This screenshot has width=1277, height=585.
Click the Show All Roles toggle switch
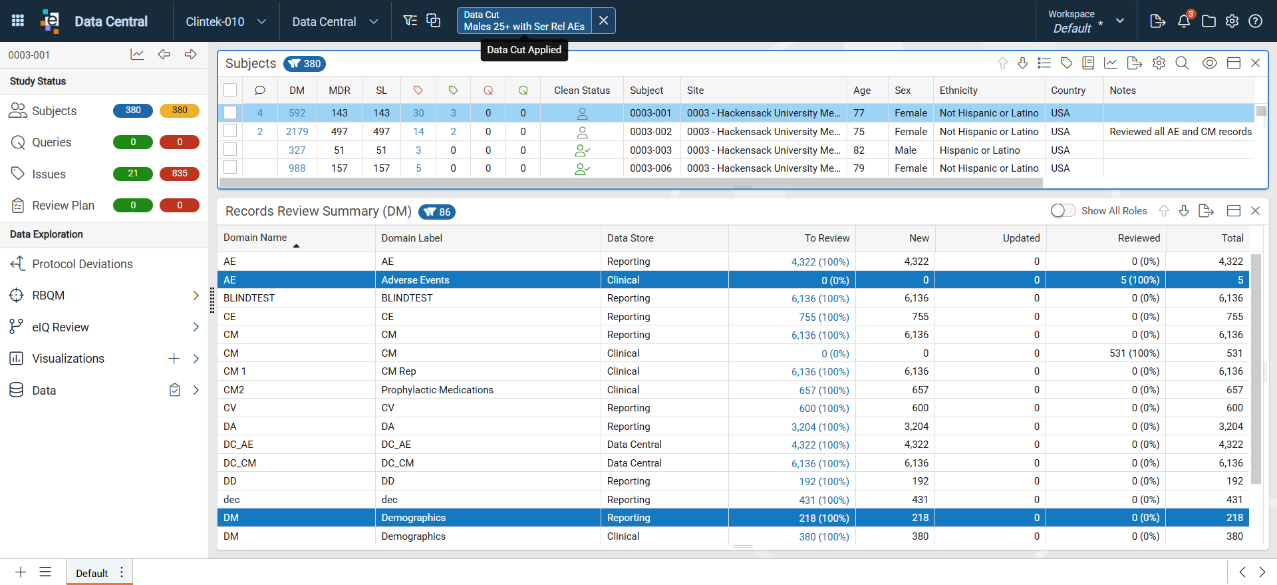(x=1063, y=211)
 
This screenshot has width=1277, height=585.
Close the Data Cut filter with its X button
(x=603, y=21)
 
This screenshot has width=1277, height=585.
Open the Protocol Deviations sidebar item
(x=82, y=264)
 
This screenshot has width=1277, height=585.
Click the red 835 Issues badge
(x=180, y=174)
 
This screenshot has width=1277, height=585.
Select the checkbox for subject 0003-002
(x=230, y=131)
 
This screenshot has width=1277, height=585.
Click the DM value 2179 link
(x=297, y=132)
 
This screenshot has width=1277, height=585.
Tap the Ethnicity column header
(x=958, y=91)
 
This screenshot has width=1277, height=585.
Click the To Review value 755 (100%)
(x=823, y=317)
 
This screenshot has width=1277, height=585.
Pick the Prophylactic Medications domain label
(x=437, y=390)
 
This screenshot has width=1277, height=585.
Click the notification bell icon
(x=1184, y=21)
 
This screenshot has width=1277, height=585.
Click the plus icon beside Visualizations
(x=174, y=359)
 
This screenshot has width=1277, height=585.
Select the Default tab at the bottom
(x=92, y=573)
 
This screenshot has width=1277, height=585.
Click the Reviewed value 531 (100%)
(x=1134, y=353)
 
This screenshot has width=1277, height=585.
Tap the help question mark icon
(x=1255, y=21)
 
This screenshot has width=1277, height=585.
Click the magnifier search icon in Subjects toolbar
(x=1182, y=63)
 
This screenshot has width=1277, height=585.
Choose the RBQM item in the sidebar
(x=49, y=295)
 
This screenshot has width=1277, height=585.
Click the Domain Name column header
(x=255, y=238)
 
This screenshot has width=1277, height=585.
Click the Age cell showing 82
(x=859, y=150)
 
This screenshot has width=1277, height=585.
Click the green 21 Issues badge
(x=133, y=174)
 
